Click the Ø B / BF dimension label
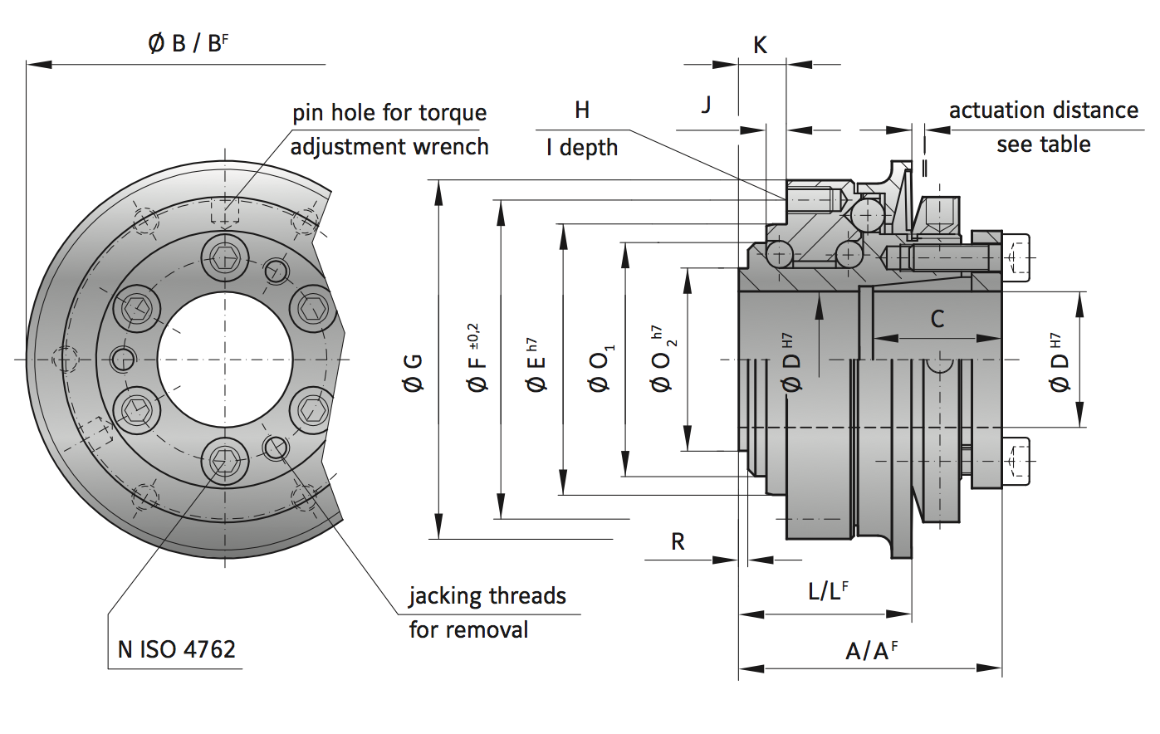click(x=188, y=43)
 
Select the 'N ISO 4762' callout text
click(x=176, y=649)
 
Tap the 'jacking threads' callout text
click(x=487, y=596)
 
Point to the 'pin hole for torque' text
click(x=389, y=113)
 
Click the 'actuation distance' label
click(x=1043, y=110)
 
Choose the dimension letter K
click(x=760, y=45)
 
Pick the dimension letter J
click(x=706, y=105)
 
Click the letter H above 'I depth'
click(x=582, y=110)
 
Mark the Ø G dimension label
click(x=413, y=372)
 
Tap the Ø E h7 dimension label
click(x=536, y=365)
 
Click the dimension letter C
click(x=937, y=319)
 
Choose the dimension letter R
click(x=678, y=542)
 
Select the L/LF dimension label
click(x=828, y=591)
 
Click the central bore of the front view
click(x=225, y=360)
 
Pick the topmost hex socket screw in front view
click(x=225, y=258)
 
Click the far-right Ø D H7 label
click(x=1059, y=362)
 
